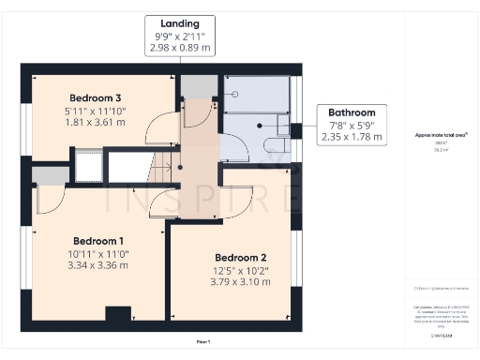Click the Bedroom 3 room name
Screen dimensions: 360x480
pos(95,97)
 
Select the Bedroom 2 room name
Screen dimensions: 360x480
pos(241,258)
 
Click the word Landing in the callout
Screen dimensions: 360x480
pos(178,22)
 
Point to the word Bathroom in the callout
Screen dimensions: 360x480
pos(352,112)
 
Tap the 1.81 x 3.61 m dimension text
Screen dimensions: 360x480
pos(95,122)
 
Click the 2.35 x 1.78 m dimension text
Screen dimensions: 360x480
pos(352,136)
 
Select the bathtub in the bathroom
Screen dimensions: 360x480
pos(256,95)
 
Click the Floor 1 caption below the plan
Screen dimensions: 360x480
pos(203,341)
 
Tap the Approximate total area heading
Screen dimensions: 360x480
pos(442,135)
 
